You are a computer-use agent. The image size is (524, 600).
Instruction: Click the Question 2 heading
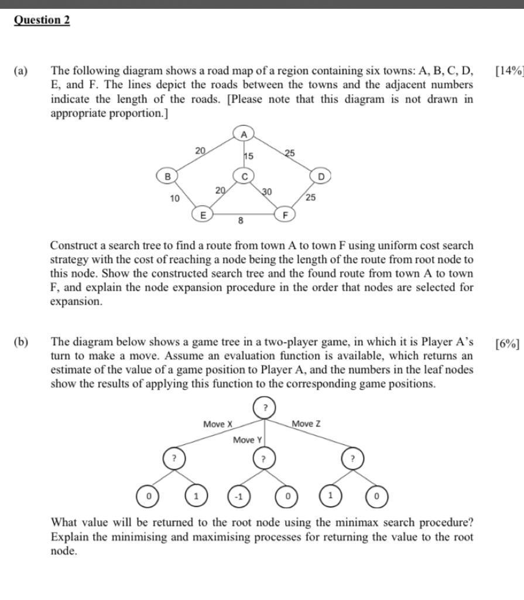[42, 20]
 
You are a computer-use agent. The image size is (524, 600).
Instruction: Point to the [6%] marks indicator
[507, 343]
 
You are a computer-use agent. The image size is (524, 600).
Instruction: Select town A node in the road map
[244, 134]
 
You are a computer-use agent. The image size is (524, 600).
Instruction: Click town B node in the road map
[167, 175]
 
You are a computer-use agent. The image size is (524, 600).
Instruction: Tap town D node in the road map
[320, 175]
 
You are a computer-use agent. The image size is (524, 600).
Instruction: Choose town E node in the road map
[203, 215]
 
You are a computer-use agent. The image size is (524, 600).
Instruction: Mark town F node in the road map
[285, 215]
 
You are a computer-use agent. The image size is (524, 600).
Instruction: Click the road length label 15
[249, 156]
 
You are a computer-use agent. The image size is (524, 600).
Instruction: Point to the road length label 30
[266, 192]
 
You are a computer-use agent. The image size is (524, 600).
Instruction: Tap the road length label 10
[174, 199]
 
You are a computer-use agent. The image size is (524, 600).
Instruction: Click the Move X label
[218, 424]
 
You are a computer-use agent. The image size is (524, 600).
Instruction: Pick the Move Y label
[248, 440]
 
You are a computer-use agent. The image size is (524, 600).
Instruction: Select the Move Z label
[306, 424]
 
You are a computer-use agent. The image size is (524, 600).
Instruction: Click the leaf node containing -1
[239, 497]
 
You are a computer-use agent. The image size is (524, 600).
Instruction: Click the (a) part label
[20, 71]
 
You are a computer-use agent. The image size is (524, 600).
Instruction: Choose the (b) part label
[21, 342]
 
